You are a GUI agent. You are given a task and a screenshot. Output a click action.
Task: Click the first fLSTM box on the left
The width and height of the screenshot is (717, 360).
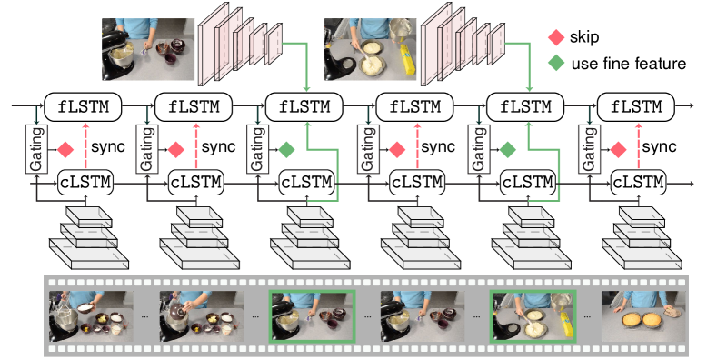click(84, 107)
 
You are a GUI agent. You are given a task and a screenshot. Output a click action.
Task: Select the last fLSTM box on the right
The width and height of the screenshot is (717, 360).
click(636, 107)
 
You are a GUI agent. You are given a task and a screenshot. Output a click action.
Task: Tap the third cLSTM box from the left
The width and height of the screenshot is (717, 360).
click(306, 183)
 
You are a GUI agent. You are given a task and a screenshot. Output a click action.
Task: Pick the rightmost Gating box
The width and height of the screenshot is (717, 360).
click(589, 149)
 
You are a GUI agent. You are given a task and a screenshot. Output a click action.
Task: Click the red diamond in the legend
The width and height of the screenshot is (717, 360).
click(556, 37)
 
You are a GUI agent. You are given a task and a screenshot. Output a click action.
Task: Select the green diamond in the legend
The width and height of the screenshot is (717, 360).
click(556, 63)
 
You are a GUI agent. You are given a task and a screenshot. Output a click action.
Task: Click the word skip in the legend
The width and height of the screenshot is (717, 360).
click(584, 37)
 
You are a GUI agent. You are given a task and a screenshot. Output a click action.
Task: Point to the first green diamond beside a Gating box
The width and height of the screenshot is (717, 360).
click(286, 149)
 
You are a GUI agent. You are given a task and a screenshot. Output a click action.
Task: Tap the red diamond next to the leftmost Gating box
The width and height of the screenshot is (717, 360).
click(65, 149)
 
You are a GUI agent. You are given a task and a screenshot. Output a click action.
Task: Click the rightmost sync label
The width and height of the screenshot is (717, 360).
click(659, 147)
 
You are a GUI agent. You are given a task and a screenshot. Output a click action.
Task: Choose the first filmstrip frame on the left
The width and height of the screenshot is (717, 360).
click(91, 316)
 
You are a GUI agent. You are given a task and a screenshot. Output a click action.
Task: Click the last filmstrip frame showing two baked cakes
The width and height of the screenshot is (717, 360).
click(643, 316)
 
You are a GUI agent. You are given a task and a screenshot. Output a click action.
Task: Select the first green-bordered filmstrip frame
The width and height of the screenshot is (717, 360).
click(313, 316)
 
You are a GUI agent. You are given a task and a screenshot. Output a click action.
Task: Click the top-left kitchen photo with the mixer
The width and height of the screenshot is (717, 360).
click(148, 49)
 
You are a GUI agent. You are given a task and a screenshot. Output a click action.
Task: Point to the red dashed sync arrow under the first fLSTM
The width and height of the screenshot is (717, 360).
click(85, 146)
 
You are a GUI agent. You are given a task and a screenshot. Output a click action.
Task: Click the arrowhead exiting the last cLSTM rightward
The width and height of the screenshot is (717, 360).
click(691, 184)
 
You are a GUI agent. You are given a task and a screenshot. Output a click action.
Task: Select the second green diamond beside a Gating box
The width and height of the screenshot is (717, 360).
click(507, 149)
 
